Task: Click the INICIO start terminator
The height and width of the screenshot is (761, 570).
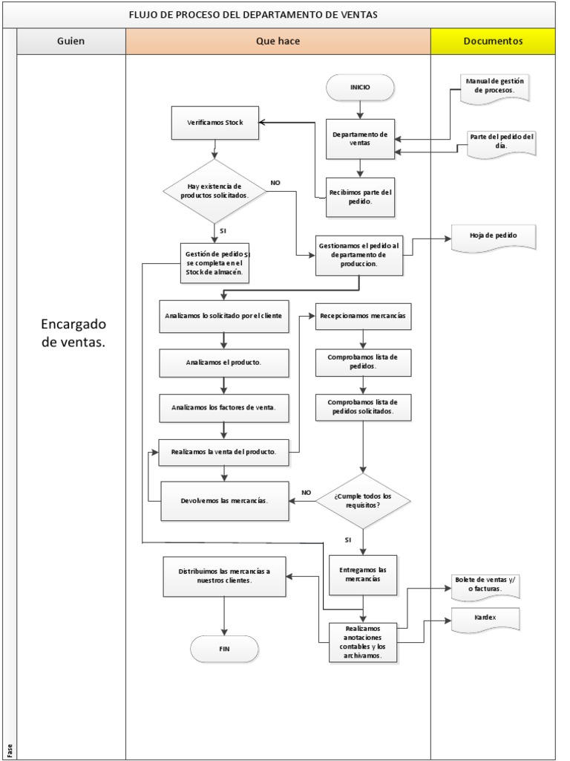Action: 360,88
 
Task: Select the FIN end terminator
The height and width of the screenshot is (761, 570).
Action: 224,649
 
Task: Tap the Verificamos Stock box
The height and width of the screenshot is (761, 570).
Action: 214,123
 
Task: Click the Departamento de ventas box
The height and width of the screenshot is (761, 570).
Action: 360,139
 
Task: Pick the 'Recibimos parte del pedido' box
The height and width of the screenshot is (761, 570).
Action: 361,197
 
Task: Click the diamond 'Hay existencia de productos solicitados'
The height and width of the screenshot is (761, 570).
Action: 214,191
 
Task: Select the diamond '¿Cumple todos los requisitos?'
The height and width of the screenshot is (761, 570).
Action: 362,500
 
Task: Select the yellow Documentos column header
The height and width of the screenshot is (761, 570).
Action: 493,42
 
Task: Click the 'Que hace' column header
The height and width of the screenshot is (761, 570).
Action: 278,42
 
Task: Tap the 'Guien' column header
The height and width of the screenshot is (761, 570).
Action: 71,42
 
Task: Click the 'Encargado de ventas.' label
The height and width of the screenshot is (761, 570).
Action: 73,333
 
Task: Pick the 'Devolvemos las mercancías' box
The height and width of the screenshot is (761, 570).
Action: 224,500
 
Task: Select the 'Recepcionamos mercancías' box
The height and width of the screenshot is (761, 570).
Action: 362,316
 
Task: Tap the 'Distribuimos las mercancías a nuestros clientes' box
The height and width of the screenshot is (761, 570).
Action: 224,576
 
